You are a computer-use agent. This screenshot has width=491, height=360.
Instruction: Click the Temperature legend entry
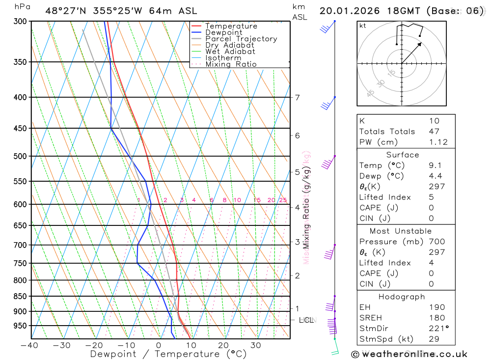(x=231, y=26)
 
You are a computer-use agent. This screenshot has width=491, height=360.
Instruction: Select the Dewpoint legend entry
(x=223, y=32)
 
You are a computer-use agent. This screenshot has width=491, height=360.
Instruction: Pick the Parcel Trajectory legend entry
(x=241, y=39)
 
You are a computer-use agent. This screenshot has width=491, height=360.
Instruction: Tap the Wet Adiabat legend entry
(x=230, y=52)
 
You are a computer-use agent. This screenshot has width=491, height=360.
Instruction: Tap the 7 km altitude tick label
(x=297, y=97)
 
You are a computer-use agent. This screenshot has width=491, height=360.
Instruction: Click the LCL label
(x=306, y=320)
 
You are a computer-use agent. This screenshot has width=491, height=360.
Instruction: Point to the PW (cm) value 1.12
(x=438, y=142)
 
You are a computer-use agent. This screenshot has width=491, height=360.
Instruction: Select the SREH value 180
(x=436, y=318)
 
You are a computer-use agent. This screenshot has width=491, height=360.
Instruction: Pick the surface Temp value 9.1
(x=435, y=166)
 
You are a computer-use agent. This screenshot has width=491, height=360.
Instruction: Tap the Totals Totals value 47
(x=434, y=131)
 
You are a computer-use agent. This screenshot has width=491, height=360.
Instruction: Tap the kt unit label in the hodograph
(x=363, y=26)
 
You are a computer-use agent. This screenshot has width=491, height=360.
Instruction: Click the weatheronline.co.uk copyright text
(x=409, y=354)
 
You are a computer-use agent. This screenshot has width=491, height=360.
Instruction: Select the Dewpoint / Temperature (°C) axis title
(x=168, y=354)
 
